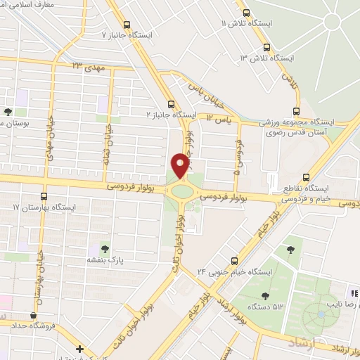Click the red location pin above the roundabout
180,165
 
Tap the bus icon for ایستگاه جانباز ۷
127,25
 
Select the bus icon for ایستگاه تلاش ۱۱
245,13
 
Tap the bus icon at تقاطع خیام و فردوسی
305,178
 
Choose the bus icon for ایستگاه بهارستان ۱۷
44,196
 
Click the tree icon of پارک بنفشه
104,247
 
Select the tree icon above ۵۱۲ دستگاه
265,295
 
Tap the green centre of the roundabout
181,191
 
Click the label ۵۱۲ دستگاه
265,307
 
